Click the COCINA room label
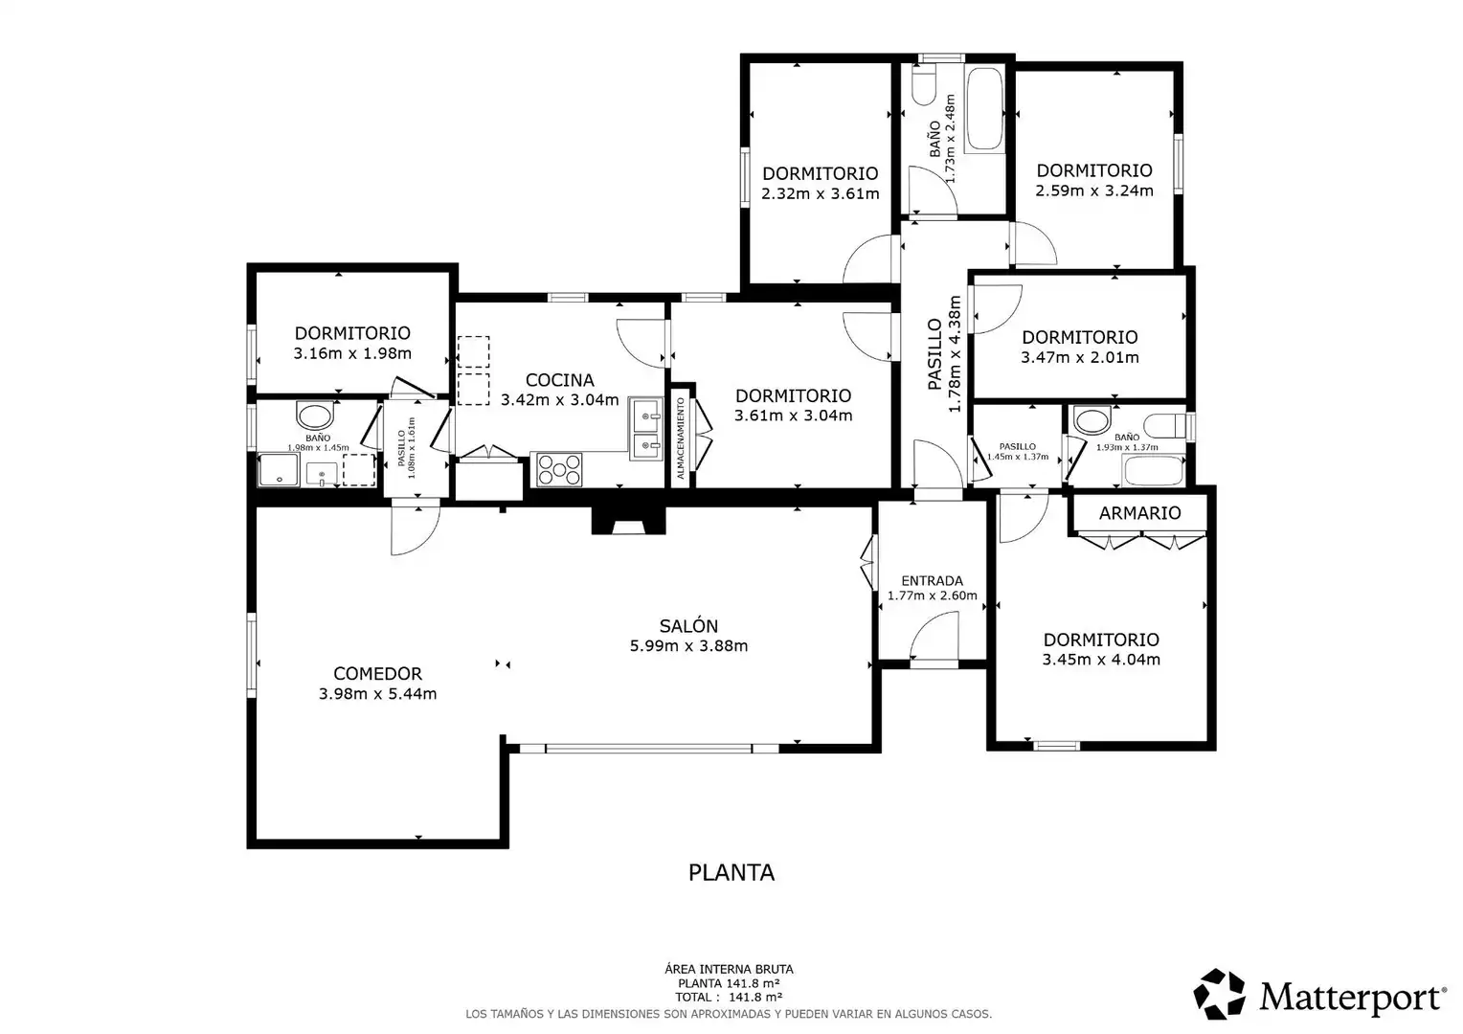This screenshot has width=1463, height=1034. pyautogui.click(x=560, y=379)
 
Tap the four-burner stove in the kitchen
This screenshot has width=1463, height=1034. pyautogui.click(x=559, y=470)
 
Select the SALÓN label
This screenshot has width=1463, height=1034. pyautogui.click(x=688, y=626)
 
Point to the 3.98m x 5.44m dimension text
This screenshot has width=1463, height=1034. pyautogui.click(x=377, y=694)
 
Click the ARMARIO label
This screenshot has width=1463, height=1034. pyautogui.click(x=1139, y=513)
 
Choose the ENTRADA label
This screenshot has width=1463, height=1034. pyautogui.click(x=932, y=581)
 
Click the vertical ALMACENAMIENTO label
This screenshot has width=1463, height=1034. pyautogui.click(x=681, y=438)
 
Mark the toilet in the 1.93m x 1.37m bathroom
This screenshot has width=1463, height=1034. pyautogui.click(x=1165, y=426)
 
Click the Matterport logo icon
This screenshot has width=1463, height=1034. pyautogui.click(x=1220, y=994)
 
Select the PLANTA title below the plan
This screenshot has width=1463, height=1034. pyautogui.click(x=731, y=872)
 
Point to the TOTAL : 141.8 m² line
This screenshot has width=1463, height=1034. pyautogui.click(x=729, y=998)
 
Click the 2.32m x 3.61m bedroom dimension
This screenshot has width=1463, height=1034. pyautogui.click(x=821, y=194)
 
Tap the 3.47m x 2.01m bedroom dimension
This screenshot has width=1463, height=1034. pyautogui.click(x=1080, y=357)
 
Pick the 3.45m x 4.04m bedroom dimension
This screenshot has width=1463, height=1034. pyautogui.click(x=1101, y=660)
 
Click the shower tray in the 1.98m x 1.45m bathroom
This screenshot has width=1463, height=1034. pyautogui.click(x=279, y=470)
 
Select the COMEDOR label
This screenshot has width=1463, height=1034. pyautogui.click(x=377, y=673)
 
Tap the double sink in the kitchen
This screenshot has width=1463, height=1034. pyautogui.click(x=646, y=428)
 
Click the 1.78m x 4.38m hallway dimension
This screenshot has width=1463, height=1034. pyautogui.click(x=955, y=353)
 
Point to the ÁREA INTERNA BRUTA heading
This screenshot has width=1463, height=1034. pyautogui.click(x=729, y=969)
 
